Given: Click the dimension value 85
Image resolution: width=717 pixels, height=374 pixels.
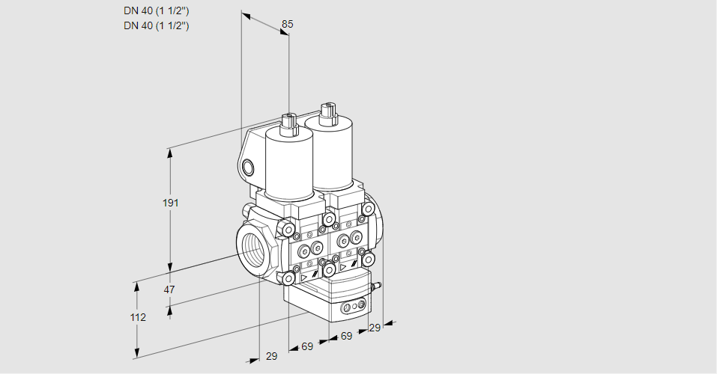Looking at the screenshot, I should point(287,24).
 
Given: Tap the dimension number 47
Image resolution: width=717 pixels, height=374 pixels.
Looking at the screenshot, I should point(169,289).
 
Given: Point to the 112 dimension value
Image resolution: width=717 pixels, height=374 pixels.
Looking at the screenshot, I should point(137,317).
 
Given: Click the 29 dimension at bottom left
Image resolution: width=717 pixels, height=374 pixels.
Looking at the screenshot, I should point(271,356).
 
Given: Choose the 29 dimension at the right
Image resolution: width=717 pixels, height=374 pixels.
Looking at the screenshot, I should point(375,328).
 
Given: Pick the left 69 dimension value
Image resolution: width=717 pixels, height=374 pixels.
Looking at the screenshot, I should point(307,346).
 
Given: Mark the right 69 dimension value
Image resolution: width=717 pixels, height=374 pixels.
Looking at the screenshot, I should point(346,336).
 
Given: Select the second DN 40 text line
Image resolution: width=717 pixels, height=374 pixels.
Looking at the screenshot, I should point(156,25).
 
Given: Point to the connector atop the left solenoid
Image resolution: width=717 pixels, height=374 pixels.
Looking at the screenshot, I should point(288,123).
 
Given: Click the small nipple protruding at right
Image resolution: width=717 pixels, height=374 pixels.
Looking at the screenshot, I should point(378,285).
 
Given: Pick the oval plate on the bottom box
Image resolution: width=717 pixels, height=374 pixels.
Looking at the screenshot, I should point(353,307).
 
